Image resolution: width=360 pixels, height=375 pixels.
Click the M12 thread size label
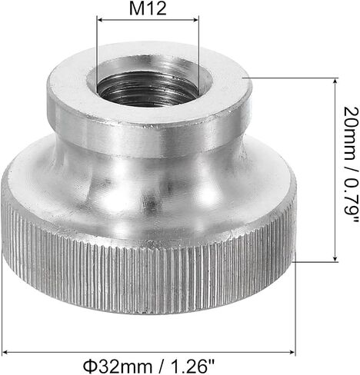click(x=148, y=8)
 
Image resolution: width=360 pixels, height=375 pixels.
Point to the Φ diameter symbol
click(x=89, y=367)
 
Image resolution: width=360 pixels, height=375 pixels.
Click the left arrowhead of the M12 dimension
click(x=101, y=20)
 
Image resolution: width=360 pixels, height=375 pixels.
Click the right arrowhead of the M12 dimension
click(x=195, y=20)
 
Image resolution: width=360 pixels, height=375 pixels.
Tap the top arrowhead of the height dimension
click(x=335, y=82)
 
